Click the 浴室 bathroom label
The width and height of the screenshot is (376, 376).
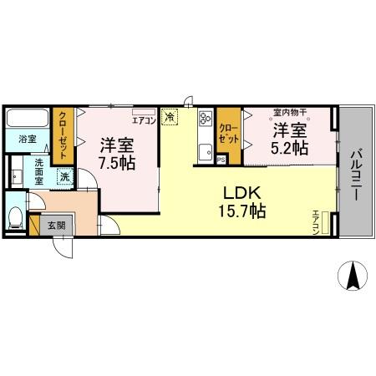click(x=28, y=140)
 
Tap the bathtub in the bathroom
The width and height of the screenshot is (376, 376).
click(x=28, y=118)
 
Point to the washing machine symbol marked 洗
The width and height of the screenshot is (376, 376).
click(x=64, y=177)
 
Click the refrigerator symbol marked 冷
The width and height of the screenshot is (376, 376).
click(x=170, y=119)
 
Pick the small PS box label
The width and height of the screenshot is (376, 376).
click(x=221, y=159)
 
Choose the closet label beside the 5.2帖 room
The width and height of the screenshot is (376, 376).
click(x=226, y=132)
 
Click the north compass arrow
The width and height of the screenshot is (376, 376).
click(x=354, y=277)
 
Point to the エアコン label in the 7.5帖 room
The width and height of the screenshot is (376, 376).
click(x=143, y=120)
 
